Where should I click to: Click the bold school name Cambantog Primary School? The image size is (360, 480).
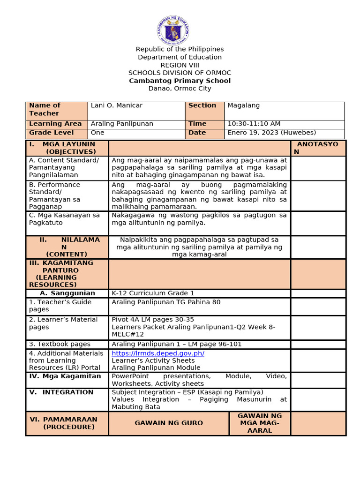tap(180, 81)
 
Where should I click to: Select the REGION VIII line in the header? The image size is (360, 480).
tap(180, 65)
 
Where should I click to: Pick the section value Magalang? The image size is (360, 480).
tap(243, 105)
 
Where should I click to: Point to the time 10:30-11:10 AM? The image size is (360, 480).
tap(254, 124)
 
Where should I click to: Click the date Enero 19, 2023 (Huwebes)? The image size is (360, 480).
tap(271, 133)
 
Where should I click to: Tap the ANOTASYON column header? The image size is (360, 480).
tap(318, 148)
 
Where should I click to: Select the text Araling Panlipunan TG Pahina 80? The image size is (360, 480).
tap(165, 302)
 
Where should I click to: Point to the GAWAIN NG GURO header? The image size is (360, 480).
tap(169, 423)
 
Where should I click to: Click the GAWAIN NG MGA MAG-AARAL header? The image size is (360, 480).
tap(260, 423)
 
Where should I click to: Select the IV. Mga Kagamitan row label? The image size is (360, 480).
tap(65, 376)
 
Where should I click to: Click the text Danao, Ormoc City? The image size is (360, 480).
tap(180, 88)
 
